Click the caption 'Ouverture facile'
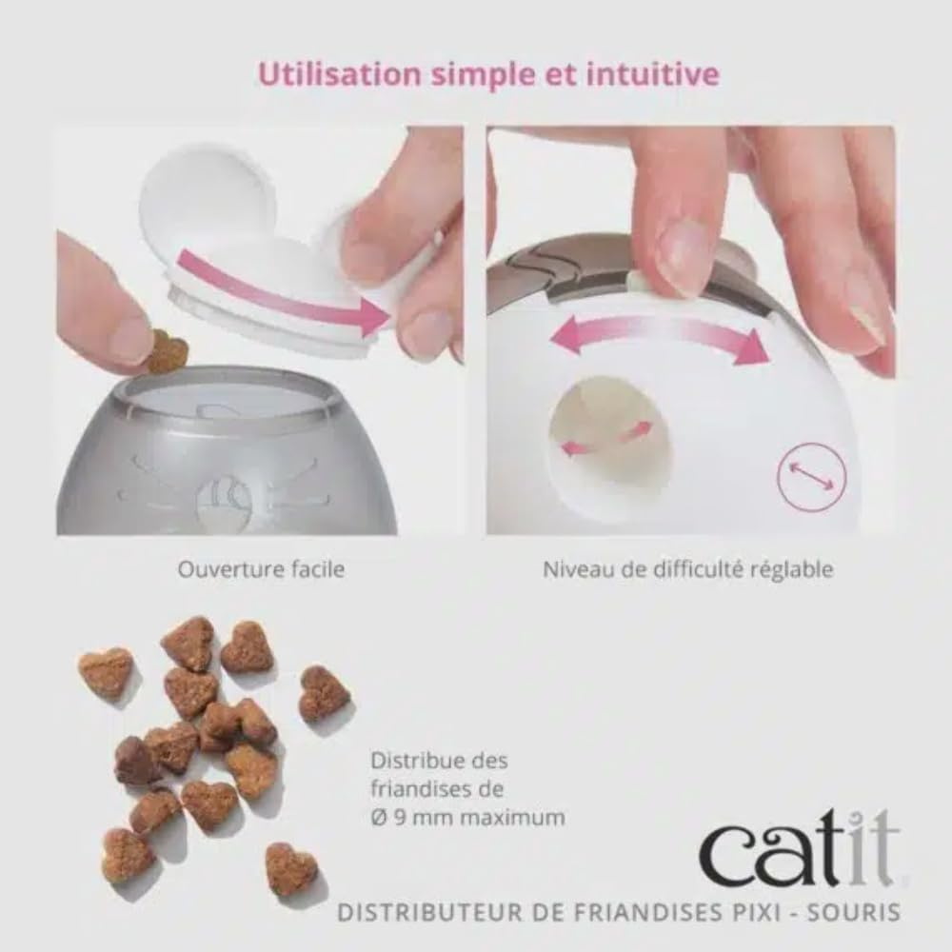(x=261, y=570)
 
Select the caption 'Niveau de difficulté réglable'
(x=688, y=570)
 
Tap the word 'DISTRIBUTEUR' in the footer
(x=421, y=912)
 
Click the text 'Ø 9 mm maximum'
(x=466, y=817)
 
